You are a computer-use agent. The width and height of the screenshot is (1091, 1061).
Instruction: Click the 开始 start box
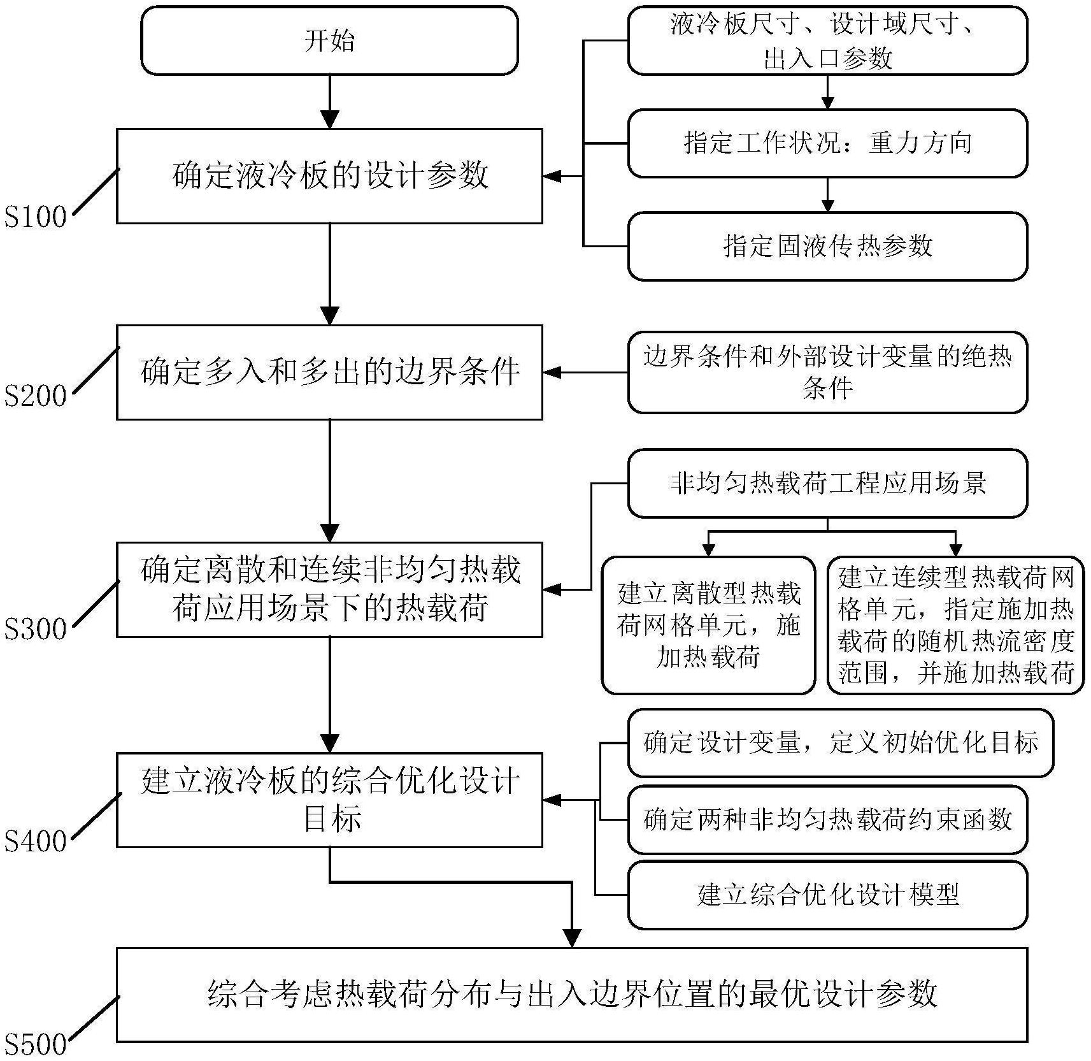point(329,40)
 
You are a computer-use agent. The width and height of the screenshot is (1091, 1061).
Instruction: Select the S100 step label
point(36,217)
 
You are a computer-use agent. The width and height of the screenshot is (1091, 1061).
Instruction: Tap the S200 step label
point(36,396)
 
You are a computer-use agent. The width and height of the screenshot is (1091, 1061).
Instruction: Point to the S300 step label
point(36,629)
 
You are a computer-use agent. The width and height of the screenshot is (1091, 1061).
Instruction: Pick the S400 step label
point(36,841)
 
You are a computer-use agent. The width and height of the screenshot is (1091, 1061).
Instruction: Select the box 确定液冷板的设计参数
point(329,176)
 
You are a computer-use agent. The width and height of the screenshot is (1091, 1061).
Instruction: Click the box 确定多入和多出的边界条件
point(329,372)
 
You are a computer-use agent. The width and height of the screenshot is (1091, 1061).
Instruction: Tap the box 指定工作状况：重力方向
point(827,143)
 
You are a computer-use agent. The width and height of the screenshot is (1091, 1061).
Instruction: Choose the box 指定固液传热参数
point(827,246)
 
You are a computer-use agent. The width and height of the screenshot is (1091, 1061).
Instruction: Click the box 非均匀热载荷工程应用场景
point(827,483)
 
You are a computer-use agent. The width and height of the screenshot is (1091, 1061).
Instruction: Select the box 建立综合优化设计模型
point(827,895)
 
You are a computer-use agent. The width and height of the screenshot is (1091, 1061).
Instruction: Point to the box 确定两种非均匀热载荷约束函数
point(827,819)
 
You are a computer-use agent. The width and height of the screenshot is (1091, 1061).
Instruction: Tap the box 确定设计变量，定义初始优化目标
point(839,743)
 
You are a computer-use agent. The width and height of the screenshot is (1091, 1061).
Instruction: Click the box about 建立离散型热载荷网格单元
point(708,625)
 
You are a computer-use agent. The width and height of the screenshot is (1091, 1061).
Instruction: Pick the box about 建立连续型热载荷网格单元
point(955,625)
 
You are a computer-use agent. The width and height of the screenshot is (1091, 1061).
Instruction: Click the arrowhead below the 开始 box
point(329,119)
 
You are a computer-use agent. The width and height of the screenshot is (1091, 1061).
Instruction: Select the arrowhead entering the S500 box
point(572,937)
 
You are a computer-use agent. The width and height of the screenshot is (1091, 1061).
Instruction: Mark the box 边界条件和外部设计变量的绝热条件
point(827,372)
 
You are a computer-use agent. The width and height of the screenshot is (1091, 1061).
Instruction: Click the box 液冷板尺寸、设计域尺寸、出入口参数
point(827,40)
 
